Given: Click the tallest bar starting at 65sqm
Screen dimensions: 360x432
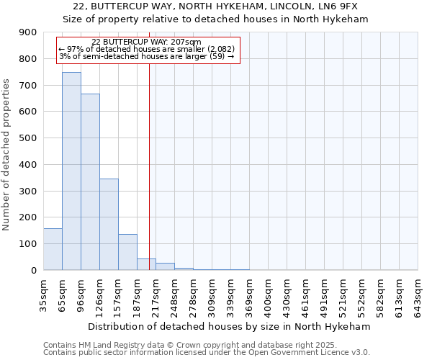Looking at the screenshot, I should pyautogui.click(x=71, y=171).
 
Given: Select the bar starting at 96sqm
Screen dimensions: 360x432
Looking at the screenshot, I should pyautogui.click(x=90, y=182).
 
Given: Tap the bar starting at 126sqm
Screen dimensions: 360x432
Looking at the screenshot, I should pyautogui.click(x=109, y=224).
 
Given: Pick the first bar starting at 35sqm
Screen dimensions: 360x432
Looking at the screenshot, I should pyautogui.click(x=53, y=249).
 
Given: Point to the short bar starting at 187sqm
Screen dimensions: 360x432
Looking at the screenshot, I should pyautogui.click(x=146, y=264).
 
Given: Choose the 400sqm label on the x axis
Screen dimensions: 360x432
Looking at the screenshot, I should pyautogui.click(x=268, y=296).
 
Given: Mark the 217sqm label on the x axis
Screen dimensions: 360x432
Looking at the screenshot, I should pyautogui.click(x=156, y=296).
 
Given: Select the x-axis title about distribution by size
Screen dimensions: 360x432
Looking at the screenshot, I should pyautogui.click(x=230, y=326).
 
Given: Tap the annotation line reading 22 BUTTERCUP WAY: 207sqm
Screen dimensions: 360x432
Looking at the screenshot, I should pyautogui.click(x=146, y=42).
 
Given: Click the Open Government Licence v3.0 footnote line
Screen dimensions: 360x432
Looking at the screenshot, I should pyautogui.click(x=207, y=353).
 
